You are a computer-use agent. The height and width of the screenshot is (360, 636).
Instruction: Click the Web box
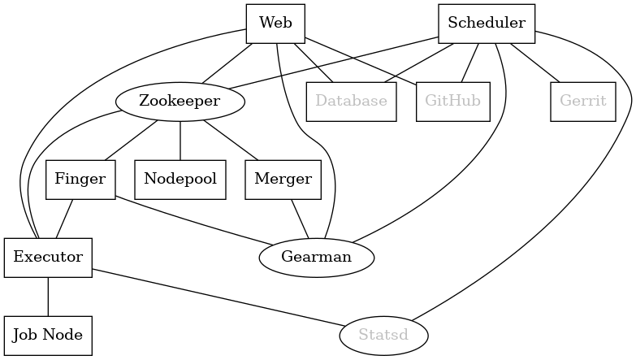(275, 24)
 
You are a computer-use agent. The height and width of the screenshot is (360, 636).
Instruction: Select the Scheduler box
(486, 24)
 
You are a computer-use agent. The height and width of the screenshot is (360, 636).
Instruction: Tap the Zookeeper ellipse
(180, 102)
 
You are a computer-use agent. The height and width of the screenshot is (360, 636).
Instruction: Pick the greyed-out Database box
(351, 102)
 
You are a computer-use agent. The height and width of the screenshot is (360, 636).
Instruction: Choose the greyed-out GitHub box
(452, 102)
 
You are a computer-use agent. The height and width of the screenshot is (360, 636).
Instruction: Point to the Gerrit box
(582, 102)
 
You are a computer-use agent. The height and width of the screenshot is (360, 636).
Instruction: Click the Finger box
(80, 180)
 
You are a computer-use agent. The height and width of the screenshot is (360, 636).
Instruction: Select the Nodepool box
(180, 180)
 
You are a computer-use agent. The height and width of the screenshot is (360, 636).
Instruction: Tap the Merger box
(283, 180)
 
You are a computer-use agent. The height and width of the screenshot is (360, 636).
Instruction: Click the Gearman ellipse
(316, 258)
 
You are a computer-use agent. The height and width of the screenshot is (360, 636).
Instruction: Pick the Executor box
(48, 258)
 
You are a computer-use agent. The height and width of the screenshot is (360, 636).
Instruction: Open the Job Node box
(48, 336)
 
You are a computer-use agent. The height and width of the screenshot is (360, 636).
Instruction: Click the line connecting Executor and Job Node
(48, 297)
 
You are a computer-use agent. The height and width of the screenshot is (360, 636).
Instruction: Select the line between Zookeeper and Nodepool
(180, 141)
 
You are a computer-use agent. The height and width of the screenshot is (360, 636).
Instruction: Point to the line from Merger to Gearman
(300, 219)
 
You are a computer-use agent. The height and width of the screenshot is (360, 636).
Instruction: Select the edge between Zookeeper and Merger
(231, 141)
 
